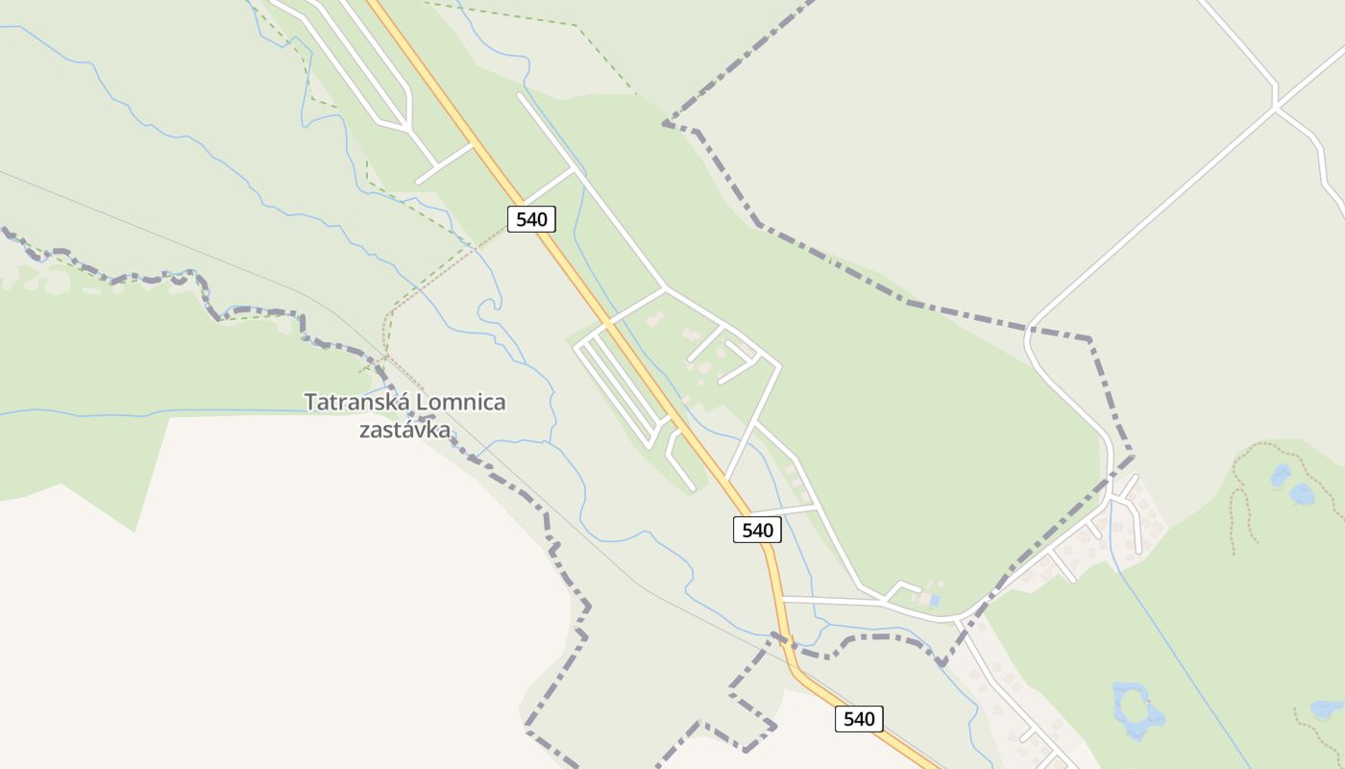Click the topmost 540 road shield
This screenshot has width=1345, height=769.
[531, 219]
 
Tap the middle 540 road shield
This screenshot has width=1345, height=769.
[757, 530]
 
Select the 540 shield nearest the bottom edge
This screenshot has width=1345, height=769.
[859, 718]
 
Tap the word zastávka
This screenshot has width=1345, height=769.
[404, 430]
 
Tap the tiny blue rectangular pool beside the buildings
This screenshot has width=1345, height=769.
[934, 600]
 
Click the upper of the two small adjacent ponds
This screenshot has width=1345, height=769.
[1280, 476]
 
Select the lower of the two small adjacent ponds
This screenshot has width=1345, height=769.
[1302, 494]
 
